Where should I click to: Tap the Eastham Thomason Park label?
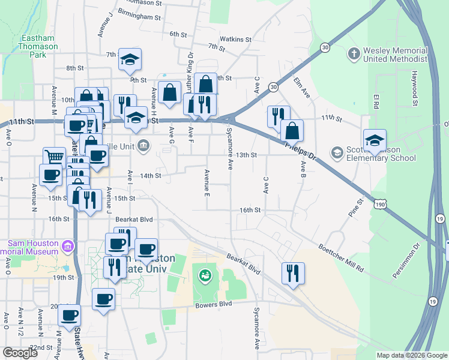click(x=39, y=46)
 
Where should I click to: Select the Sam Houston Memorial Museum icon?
click(x=68, y=246)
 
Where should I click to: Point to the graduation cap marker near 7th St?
click(x=130, y=59)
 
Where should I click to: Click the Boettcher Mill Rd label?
click(x=342, y=258)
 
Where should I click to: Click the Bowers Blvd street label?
click(x=213, y=304)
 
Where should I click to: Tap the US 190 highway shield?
click(x=379, y=205)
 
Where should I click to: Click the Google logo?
click(x=20, y=353)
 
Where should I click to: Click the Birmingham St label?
click(x=139, y=17)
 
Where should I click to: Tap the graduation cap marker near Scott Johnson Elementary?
click(x=375, y=141)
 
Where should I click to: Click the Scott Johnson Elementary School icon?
click(x=338, y=153)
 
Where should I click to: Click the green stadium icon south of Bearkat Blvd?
click(x=205, y=276)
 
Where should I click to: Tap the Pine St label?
click(x=356, y=207)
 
